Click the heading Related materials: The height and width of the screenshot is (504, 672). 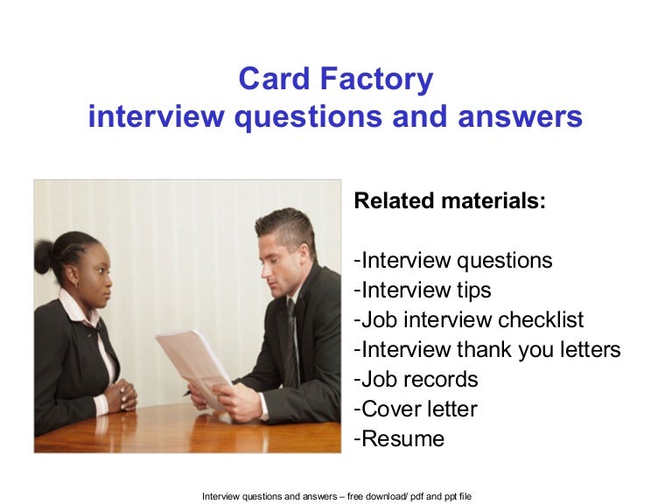450,201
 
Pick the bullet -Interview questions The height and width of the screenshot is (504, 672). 453,260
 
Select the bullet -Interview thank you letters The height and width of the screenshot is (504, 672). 487,349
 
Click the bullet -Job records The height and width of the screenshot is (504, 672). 416,379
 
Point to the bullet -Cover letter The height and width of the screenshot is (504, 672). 416,409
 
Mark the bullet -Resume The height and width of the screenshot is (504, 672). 399,438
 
